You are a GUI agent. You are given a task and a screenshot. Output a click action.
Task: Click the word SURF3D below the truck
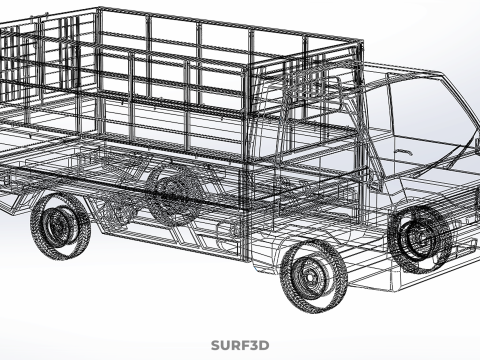pyautogui.click(x=240, y=345)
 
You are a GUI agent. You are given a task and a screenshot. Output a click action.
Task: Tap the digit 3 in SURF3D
pyautogui.click(x=254, y=345)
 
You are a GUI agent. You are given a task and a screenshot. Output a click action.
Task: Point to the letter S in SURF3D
pyautogui.click(x=216, y=345)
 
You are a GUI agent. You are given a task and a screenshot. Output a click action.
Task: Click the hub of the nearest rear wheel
pyautogui.click(x=56, y=227)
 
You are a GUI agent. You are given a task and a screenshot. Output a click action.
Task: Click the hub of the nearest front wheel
pyautogui.click(x=310, y=276)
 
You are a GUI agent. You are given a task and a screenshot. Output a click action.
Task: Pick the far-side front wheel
pyautogui.click(x=420, y=238)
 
